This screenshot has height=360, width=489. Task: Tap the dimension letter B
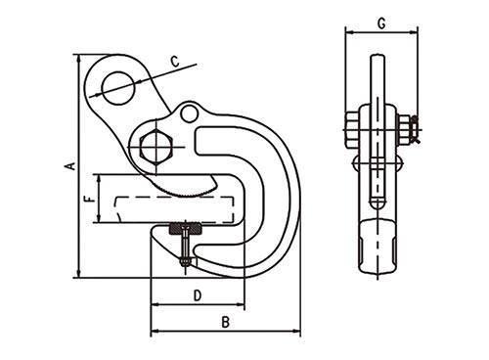pos(226,323)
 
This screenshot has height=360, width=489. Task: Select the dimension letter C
pos(175,62)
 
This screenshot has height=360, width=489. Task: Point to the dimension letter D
pos(198,295)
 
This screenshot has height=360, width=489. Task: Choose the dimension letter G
pos(381,23)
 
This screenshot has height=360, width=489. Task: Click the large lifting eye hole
pos(118,88)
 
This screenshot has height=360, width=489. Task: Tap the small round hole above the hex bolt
pos(189,112)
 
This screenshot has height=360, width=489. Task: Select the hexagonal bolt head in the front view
pos(156,147)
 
